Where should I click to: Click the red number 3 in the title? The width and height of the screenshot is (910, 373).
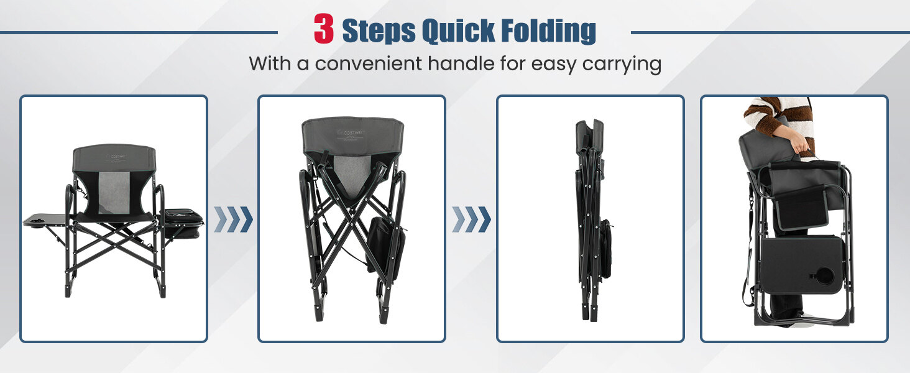pyautogui.click(x=324, y=29)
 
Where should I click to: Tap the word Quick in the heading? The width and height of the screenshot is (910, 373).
pyautogui.click(x=458, y=31)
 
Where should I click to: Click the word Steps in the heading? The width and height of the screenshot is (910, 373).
pyautogui.click(x=379, y=31)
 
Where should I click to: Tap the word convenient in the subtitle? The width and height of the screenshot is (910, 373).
pyautogui.click(x=368, y=64)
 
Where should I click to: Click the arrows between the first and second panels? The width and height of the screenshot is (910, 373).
pyautogui.click(x=233, y=219)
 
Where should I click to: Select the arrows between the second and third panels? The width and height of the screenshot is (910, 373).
pyautogui.click(x=471, y=219)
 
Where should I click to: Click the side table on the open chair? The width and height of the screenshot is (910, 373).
pyautogui.click(x=45, y=220)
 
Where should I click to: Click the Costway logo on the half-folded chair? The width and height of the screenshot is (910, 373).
pyautogui.click(x=351, y=132)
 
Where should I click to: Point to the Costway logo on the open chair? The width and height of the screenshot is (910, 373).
pyautogui.click(x=117, y=156)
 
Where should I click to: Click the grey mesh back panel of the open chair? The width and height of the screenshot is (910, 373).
pyautogui.click(x=114, y=192)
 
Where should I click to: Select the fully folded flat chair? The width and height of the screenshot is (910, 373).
pyautogui.click(x=593, y=219)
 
